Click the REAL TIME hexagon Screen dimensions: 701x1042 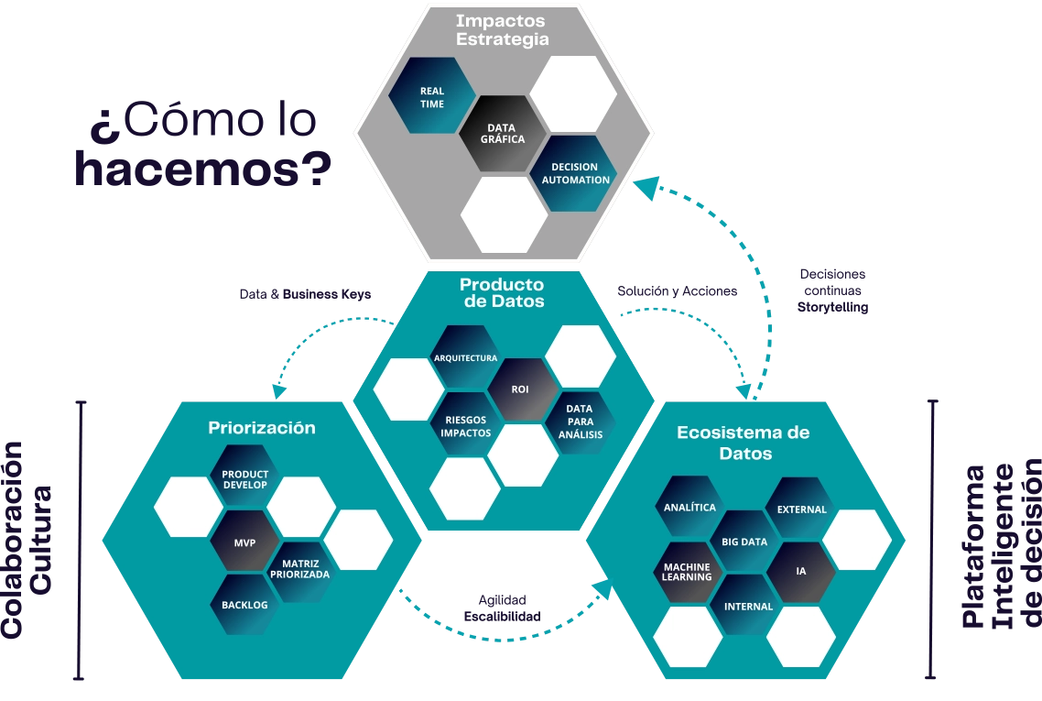(432, 97)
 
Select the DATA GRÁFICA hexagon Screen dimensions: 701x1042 (505, 134)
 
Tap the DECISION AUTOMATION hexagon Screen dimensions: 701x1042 (575, 173)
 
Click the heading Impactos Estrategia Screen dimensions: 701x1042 (502, 29)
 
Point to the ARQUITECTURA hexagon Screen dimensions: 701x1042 (466, 357)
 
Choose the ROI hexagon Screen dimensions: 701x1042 (520, 389)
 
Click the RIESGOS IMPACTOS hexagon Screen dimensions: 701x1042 (465, 425)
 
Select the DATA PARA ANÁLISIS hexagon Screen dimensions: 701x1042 (580, 421)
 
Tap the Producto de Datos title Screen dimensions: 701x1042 (502, 292)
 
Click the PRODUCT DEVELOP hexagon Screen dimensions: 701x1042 (244, 478)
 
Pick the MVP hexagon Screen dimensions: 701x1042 (244, 542)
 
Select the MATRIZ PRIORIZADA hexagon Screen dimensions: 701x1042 (300, 568)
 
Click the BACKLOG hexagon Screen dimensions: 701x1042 (244, 605)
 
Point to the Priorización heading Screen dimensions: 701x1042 (262, 428)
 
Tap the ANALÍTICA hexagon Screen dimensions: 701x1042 (689, 507)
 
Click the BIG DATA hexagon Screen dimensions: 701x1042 (744, 542)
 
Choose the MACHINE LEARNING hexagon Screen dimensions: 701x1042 (688, 572)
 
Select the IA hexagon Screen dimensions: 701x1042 (801, 571)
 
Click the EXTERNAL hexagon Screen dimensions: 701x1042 (801, 509)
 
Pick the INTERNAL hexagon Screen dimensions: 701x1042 (748, 606)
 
